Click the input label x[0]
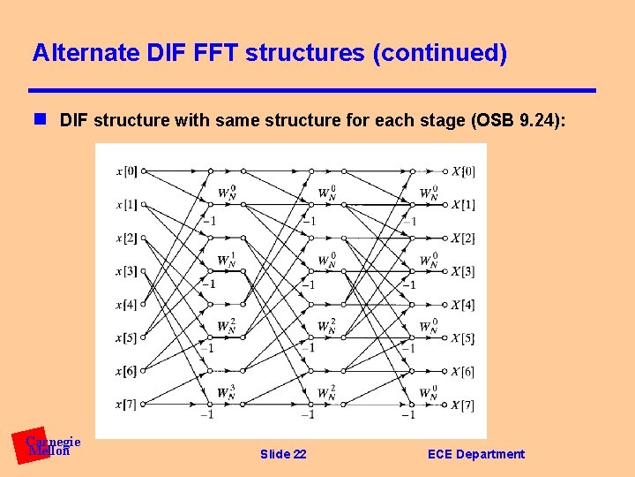[x=125, y=171]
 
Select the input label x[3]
[x=125, y=271]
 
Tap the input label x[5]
[x=125, y=337]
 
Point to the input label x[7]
[x=125, y=405]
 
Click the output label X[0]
[x=463, y=171]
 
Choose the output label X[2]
[x=463, y=238]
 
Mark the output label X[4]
[x=463, y=305]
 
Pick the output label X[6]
[x=463, y=372]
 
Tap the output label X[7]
[x=463, y=405]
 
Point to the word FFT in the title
[x=213, y=54]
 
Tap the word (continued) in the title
[x=439, y=54]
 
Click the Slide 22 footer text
[x=283, y=454]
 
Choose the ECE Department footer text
[x=475, y=454]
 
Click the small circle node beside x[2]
[x=144, y=238]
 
